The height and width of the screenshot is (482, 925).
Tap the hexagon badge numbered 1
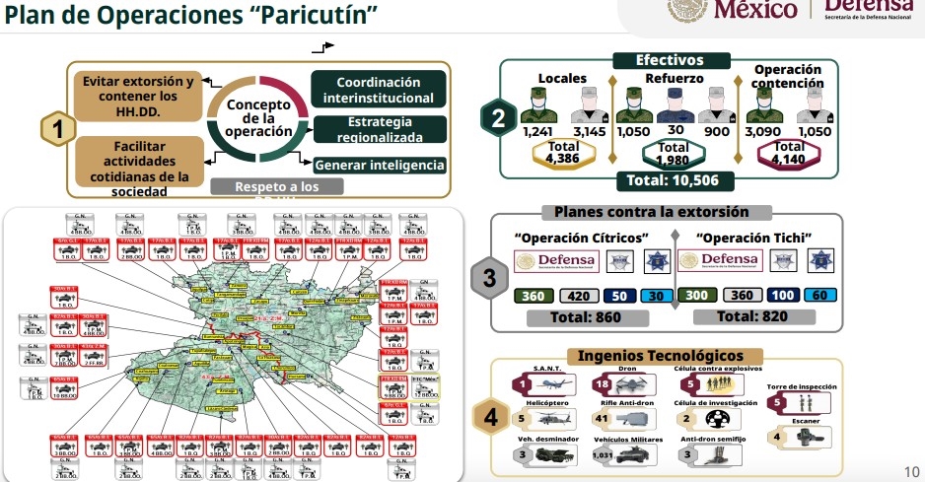tap(58, 129)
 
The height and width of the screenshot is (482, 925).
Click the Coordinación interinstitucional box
tap(378, 90)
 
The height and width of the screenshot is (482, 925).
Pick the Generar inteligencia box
tap(380, 166)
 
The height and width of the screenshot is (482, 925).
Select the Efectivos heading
tap(670, 60)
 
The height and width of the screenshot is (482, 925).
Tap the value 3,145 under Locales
tap(591, 131)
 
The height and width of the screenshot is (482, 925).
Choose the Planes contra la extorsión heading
tap(651, 212)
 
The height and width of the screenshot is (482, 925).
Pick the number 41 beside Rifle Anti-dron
tap(602, 419)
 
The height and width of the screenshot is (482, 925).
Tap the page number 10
tap(911, 469)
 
